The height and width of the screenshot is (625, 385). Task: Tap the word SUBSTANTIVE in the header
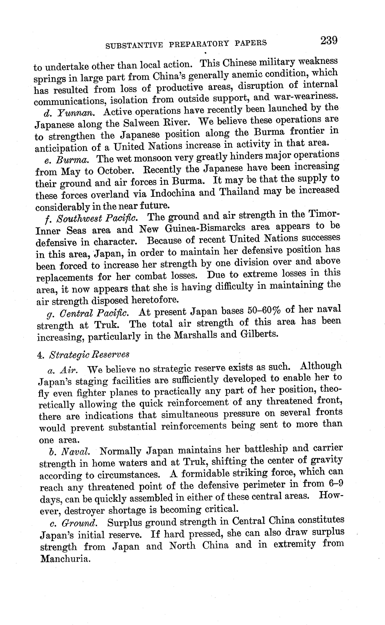tap(134, 45)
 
